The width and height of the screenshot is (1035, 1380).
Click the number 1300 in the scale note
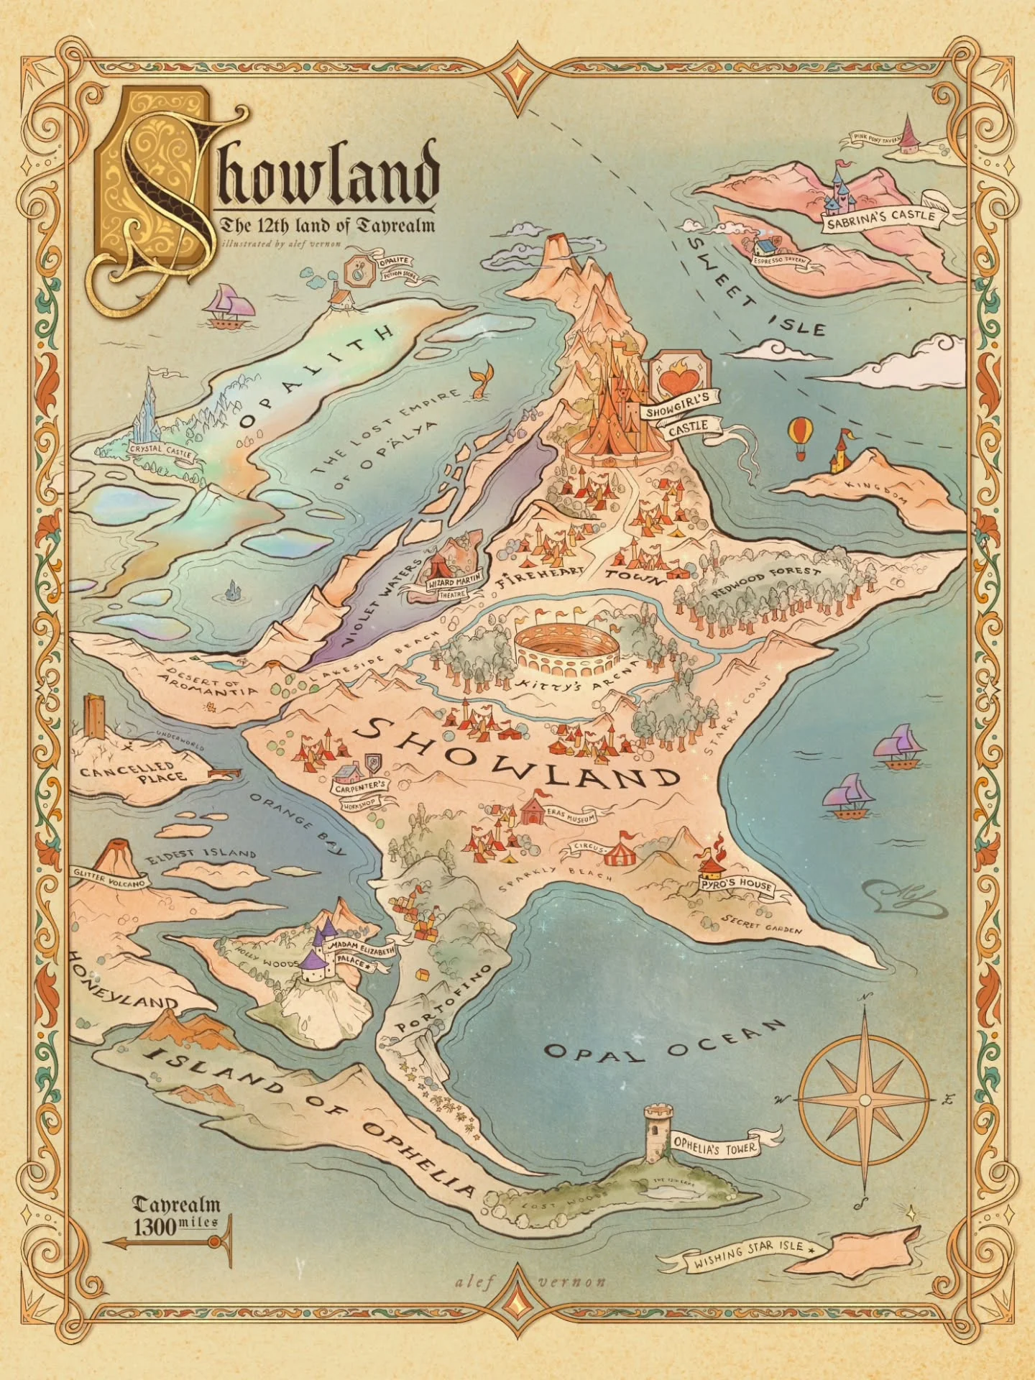tap(153, 1227)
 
